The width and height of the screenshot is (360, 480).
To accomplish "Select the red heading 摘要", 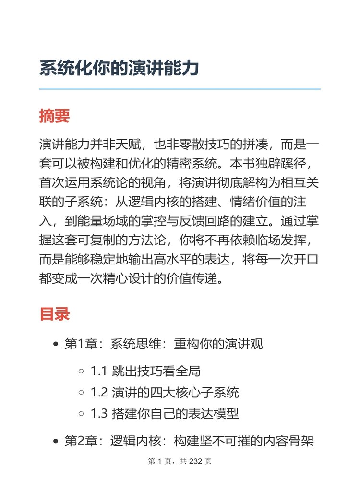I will (55, 116).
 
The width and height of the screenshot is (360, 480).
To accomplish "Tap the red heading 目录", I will (55, 314).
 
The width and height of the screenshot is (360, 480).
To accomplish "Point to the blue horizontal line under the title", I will (180, 89).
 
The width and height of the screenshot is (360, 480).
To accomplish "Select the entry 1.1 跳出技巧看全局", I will (145, 371).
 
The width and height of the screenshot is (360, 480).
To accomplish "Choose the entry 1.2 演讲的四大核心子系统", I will (165, 393).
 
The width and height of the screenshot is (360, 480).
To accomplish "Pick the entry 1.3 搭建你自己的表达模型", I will (165, 414).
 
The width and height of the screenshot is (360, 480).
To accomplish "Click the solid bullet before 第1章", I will (56, 345).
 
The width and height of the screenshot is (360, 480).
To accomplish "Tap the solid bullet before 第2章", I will (56, 441).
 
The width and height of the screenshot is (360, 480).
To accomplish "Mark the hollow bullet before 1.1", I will (81, 371).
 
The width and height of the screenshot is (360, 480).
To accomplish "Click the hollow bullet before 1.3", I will (81, 414).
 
